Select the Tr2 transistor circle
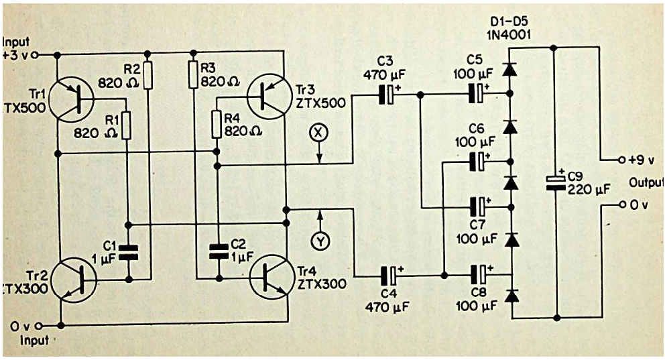tap(74, 280)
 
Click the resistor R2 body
tap(148, 75)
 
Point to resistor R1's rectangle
tap(127, 125)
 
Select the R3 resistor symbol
tap(193, 74)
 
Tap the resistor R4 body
tap(217, 124)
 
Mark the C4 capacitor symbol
tap(389, 276)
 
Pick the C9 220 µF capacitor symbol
tap(555, 182)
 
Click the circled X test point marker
tap(320, 133)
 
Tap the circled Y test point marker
tap(320, 241)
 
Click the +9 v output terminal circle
tap(621, 160)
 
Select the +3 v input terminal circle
tap(35, 55)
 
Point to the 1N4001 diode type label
tap(509, 35)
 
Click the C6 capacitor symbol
tap(477, 161)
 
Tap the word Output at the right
tap(646, 183)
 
